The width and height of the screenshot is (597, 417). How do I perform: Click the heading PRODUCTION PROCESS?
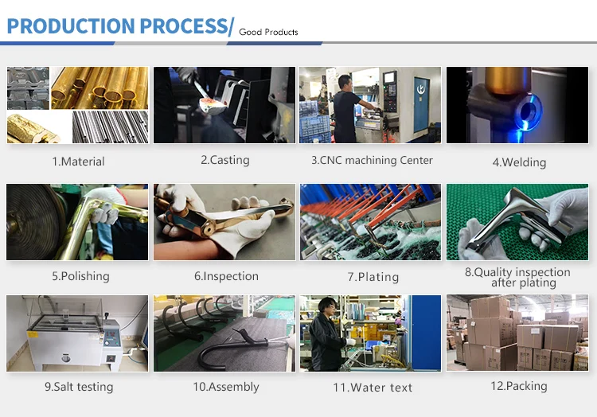click(118, 26)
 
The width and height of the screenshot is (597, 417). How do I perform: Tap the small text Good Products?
click(268, 32)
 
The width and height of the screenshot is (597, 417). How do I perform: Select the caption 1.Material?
click(78, 162)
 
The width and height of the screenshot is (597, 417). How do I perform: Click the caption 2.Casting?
click(225, 160)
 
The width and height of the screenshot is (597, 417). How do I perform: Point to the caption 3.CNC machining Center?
click(372, 160)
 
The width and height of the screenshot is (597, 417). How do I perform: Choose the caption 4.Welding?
click(519, 162)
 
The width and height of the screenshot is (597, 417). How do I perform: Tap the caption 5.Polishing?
click(80, 276)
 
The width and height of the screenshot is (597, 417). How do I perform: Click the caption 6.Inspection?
click(226, 276)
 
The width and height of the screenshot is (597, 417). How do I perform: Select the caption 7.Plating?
click(373, 277)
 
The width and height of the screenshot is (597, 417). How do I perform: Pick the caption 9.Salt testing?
click(79, 387)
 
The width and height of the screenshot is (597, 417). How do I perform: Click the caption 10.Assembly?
click(226, 387)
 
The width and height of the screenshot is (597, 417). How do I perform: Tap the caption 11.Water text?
click(373, 388)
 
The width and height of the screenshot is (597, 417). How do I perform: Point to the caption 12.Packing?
click(518, 386)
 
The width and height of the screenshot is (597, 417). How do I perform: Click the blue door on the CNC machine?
click(421, 103)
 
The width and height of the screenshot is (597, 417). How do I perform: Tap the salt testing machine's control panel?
click(112, 334)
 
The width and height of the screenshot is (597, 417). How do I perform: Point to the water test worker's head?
click(327, 306)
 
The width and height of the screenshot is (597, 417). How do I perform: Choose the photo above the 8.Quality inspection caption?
click(517, 222)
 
